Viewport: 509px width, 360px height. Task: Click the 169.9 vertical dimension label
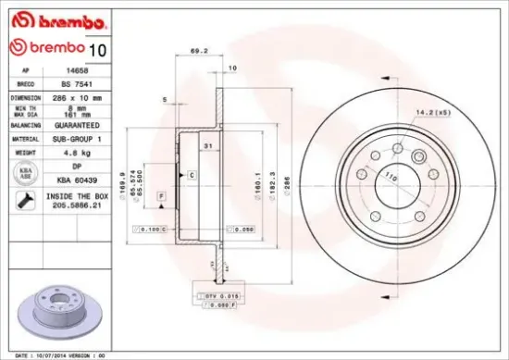pyautogui.click(x=124, y=176)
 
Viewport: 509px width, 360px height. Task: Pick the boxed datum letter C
pyautogui.click(x=192, y=174)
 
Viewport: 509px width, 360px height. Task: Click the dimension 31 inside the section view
pyautogui.click(x=209, y=147)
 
